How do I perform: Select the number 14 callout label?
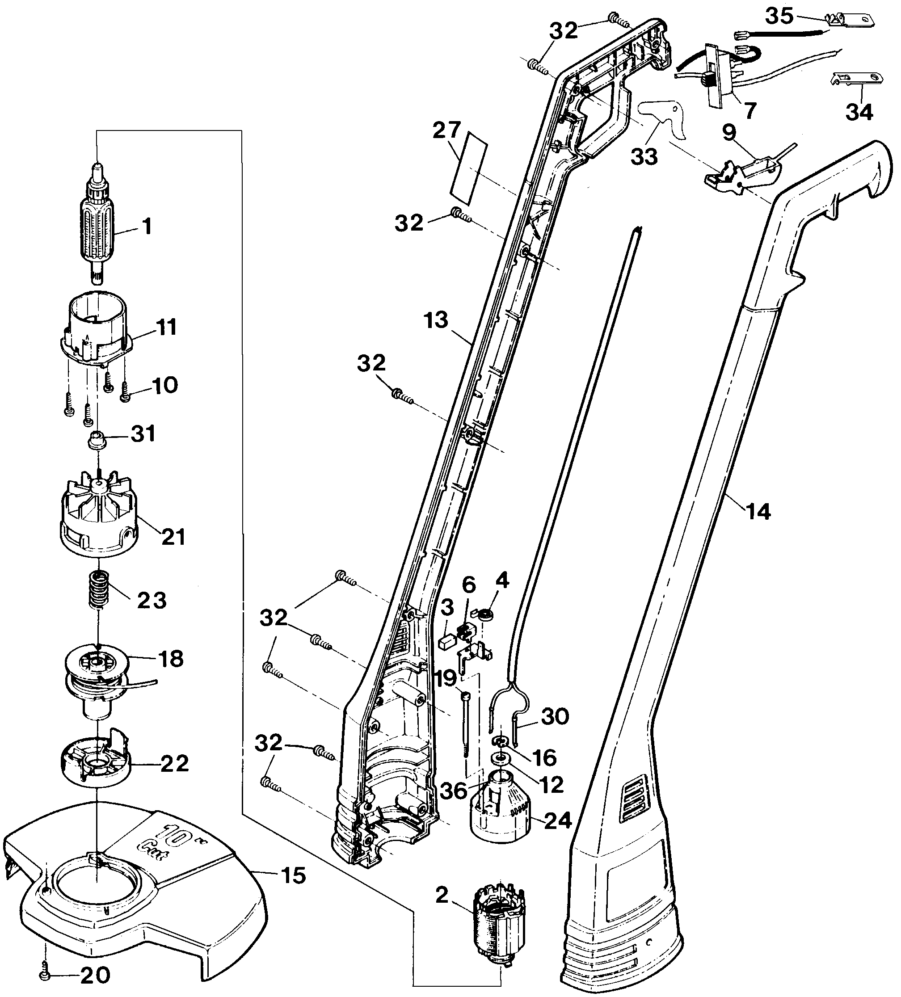pyautogui.click(x=758, y=511)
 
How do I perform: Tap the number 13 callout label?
pyautogui.click(x=435, y=320)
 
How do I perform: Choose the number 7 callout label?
pyautogui.click(x=749, y=110)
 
